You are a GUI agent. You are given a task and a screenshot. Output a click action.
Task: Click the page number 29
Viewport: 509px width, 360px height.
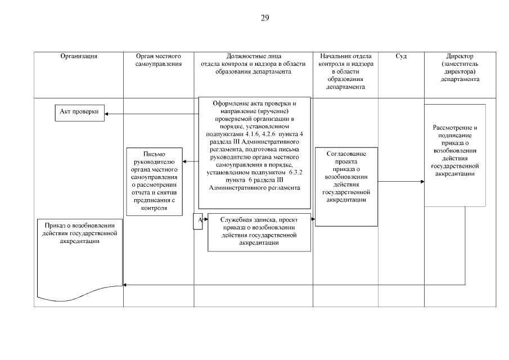coord(265,17)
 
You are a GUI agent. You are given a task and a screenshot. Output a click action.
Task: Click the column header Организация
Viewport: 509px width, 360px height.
coord(79,57)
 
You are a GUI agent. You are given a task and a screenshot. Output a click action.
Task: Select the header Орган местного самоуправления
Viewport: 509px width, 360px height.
coord(159,60)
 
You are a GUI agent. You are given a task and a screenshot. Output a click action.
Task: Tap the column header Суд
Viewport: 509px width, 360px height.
coord(402,57)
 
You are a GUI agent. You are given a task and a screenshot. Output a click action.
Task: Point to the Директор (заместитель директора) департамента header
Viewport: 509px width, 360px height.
coord(460,68)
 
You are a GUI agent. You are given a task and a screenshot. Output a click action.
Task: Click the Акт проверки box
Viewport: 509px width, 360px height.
coord(79,111)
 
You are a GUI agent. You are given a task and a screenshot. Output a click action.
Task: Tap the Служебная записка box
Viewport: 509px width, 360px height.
coord(259,231)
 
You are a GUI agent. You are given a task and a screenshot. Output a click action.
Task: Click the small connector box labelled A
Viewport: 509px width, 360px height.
coord(198,221)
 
